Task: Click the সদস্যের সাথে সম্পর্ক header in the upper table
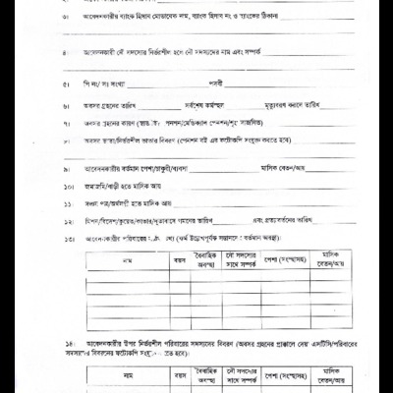[x=245, y=259]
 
